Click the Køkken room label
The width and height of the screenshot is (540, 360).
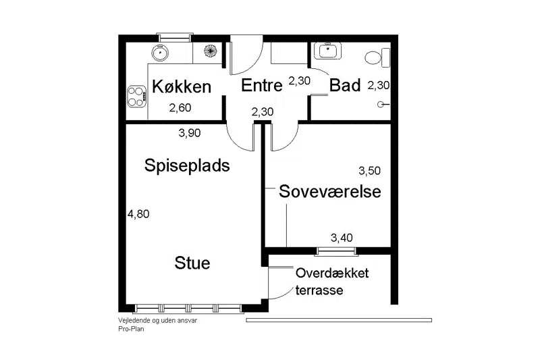pyautogui.click(x=182, y=86)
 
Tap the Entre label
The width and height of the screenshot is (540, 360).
pyautogui.click(x=262, y=85)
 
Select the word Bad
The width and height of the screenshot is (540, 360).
pyautogui.click(x=345, y=85)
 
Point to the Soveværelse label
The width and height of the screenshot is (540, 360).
pyautogui.click(x=330, y=191)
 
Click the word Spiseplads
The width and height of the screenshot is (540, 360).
pyautogui.click(x=187, y=166)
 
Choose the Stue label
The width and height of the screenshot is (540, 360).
pyautogui.click(x=192, y=263)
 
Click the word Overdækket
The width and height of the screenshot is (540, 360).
pyautogui.click(x=332, y=273)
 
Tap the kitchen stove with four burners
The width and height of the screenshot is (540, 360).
pyautogui.click(x=137, y=97)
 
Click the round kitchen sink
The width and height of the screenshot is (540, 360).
pyautogui.click(x=160, y=53)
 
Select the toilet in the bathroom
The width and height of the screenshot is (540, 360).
pyautogui.click(x=377, y=57)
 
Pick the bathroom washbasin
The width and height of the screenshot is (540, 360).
pyautogui.click(x=327, y=51)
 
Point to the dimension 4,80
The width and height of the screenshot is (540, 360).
pyautogui.click(x=138, y=214)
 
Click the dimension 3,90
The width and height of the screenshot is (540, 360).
pyautogui.click(x=190, y=133)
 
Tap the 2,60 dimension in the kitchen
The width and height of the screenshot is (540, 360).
pyautogui.click(x=180, y=108)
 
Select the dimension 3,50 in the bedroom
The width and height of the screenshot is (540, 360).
pyautogui.click(x=369, y=171)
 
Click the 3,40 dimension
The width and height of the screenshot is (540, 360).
pyautogui.click(x=342, y=238)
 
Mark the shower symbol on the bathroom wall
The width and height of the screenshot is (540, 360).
pyautogui.click(x=383, y=105)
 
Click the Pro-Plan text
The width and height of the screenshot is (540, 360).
pyautogui.click(x=131, y=329)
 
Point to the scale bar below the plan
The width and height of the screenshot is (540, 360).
pyautogui.click(x=339, y=320)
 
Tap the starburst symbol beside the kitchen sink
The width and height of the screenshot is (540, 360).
pyautogui.click(x=211, y=51)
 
